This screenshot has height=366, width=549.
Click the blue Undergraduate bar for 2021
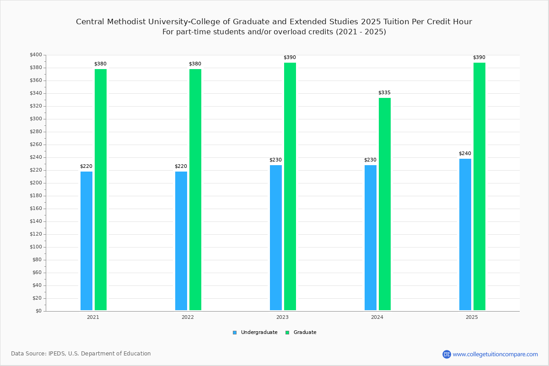point(86,241)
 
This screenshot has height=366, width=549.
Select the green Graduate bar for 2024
point(385,204)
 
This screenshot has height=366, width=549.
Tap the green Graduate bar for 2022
point(195,189)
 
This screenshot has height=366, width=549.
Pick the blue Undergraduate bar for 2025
point(465,234)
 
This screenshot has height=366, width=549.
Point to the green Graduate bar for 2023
point(290,186)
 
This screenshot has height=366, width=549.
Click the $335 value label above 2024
point(384,93)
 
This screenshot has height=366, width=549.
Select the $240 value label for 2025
point(465,154)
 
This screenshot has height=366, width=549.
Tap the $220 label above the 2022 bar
point(181,167)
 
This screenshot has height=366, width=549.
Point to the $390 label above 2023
point(290,58)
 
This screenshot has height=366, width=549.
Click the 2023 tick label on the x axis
point(282,317)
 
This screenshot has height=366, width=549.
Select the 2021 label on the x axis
point(93,317)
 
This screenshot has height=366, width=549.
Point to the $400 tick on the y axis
point(36,55)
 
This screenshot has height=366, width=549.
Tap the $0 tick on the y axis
point(38,311)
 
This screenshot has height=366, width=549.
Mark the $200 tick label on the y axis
point(36,183)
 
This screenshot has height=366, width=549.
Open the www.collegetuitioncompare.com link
point(495,354)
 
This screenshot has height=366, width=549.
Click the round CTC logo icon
point(447,354)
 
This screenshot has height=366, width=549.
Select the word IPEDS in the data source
point(57,354)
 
